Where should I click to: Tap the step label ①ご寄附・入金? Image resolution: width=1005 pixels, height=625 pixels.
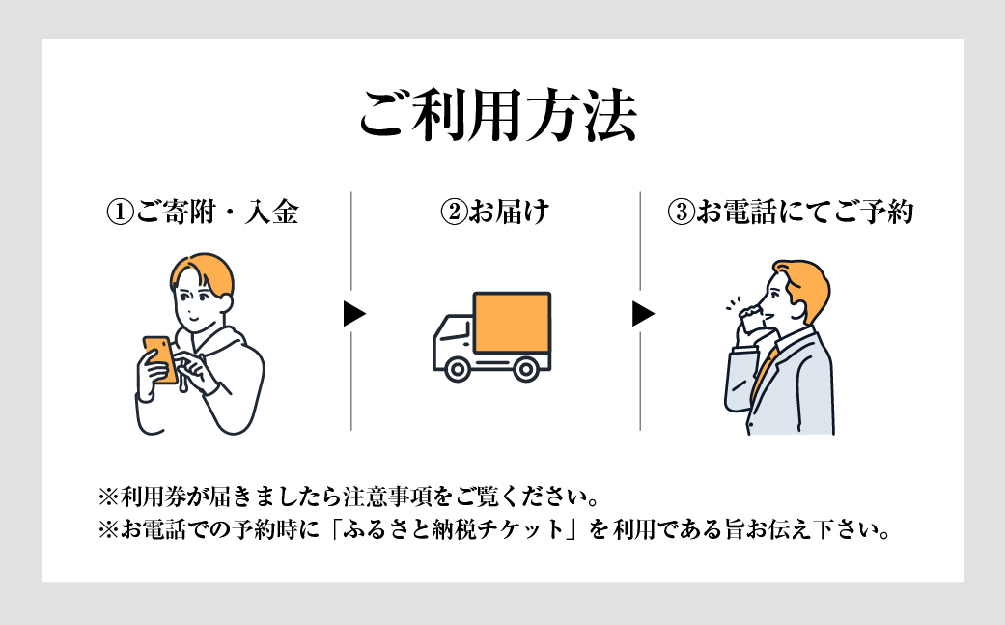pos(202,213)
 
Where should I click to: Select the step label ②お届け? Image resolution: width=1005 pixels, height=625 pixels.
pos(495,213)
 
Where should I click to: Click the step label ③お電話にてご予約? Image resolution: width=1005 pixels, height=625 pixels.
pos(790,213)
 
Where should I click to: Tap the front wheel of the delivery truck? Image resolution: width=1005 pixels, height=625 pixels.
pos(454,368)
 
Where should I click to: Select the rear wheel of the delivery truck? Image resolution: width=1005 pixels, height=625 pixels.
pos(525,368)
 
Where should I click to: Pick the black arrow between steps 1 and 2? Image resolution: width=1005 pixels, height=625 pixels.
pos(354,314)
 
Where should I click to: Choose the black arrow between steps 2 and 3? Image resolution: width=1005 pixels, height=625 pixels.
pos(643,314)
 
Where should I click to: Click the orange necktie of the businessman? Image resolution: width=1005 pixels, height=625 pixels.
pos(764,372)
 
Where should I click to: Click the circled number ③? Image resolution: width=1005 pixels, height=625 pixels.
pos(680,213)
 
